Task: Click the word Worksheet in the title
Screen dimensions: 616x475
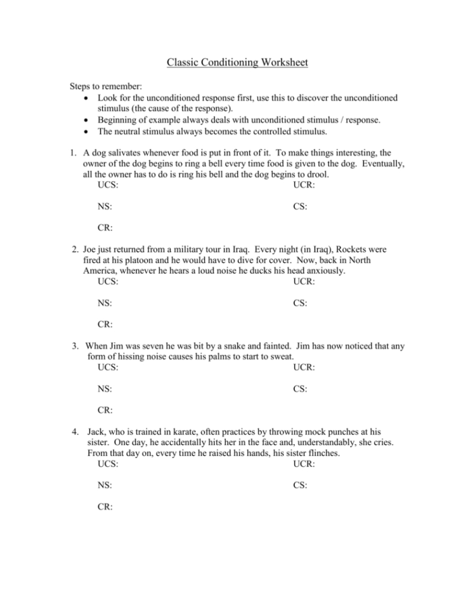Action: point(278,62)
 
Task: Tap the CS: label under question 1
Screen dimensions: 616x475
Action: point(301,206)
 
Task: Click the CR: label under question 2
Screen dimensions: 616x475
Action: point(105,325)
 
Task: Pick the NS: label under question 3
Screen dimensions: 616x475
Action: point(105,389)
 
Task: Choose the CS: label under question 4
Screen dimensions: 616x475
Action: point(301,486)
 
